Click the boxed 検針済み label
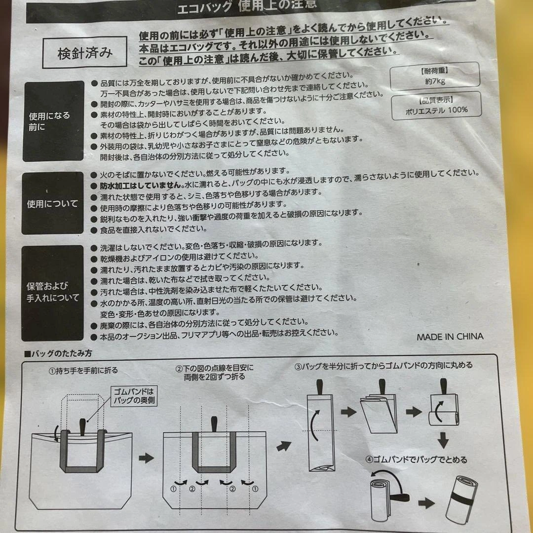(85, 52)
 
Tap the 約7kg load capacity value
(435, 81)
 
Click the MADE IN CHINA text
(450, 337)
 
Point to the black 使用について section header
(52, 203)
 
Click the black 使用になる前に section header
(53, 121)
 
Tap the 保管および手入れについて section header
(52, 293)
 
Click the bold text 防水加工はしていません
(141, 186)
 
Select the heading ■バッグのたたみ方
(58, 353)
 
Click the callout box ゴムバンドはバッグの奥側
(134, 396)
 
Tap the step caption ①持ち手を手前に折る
(83, 371)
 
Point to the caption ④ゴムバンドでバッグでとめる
(417, 460)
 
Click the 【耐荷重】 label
(434, 71)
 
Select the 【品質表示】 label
(436, 100)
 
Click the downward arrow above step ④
(443, 440)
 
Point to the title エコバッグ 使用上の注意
(246, 6)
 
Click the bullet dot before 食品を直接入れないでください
(94, 230)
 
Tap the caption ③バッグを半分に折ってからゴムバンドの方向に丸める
(383, 366)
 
